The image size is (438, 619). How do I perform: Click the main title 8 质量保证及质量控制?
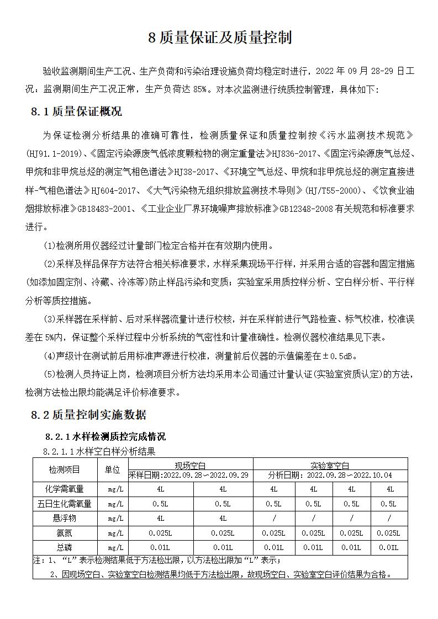coord(219,38)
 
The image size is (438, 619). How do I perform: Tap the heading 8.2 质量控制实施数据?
coord(88,415)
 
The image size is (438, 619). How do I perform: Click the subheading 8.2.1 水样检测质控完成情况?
coord(104,436)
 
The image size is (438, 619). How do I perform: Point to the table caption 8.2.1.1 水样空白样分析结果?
coord(99,451)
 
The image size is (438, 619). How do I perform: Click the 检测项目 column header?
coord(64,469)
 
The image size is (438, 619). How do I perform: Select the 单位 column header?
coord(112,469)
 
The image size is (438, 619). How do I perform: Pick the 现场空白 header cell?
coord(189,465)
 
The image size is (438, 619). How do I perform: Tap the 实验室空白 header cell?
coord(330,465)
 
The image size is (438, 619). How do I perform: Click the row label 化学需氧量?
coord(64,489)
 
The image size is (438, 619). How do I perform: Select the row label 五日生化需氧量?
coord(64,504)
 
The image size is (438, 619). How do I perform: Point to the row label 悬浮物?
coord(64,519)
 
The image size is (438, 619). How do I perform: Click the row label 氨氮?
coord(64,533)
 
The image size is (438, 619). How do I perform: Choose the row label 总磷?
coord(64,547)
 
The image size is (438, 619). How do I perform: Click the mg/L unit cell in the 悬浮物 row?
coord(115,519)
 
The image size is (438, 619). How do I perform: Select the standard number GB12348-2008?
coord(306,209)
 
